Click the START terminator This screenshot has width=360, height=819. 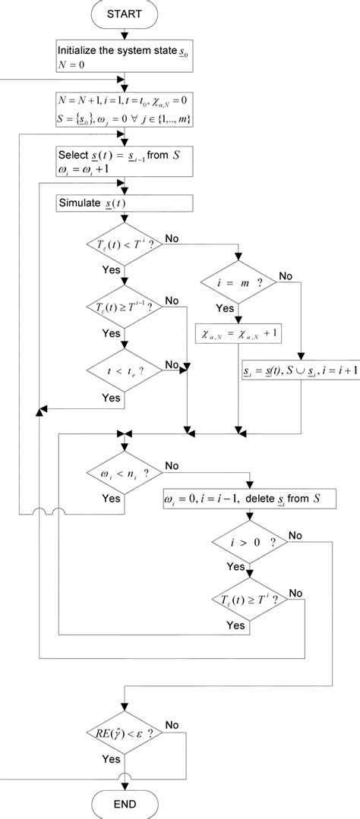click(125, 14)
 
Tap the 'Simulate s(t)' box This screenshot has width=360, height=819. click(125, 203)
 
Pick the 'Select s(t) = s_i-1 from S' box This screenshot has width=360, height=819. click(125, 162)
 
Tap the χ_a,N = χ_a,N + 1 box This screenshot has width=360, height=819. click(238, 331)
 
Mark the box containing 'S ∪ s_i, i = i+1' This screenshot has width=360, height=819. click(292, 371)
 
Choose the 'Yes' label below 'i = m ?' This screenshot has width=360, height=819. click(226, 308)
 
